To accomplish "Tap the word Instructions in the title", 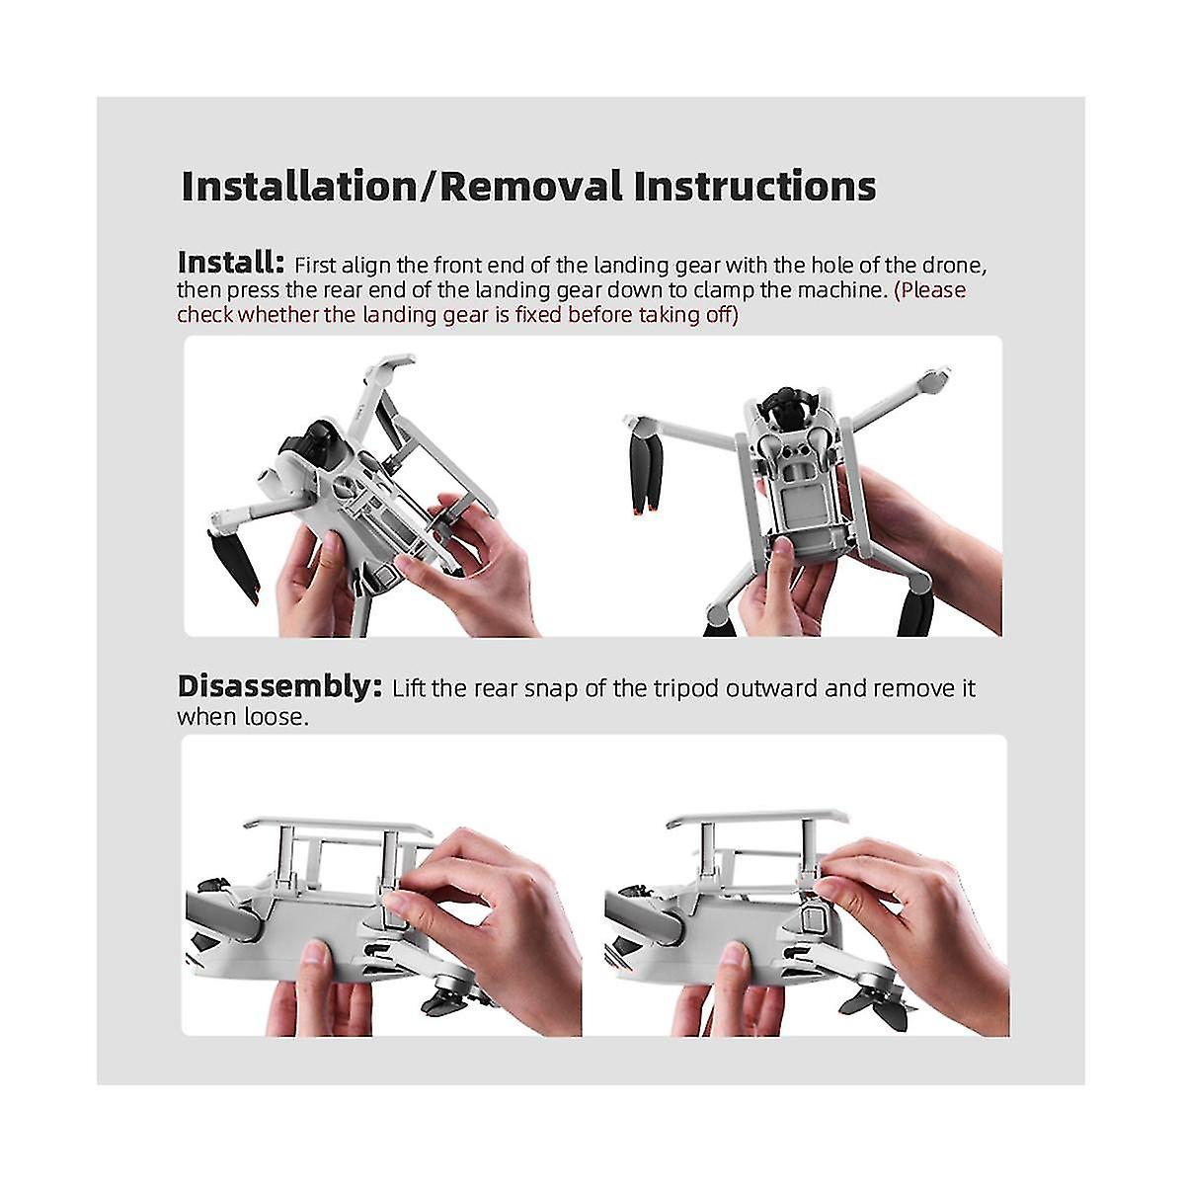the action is [754, 186].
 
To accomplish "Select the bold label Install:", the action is [231, 264].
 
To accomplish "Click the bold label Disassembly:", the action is [279, 687].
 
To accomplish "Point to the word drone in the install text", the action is [954, 266].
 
